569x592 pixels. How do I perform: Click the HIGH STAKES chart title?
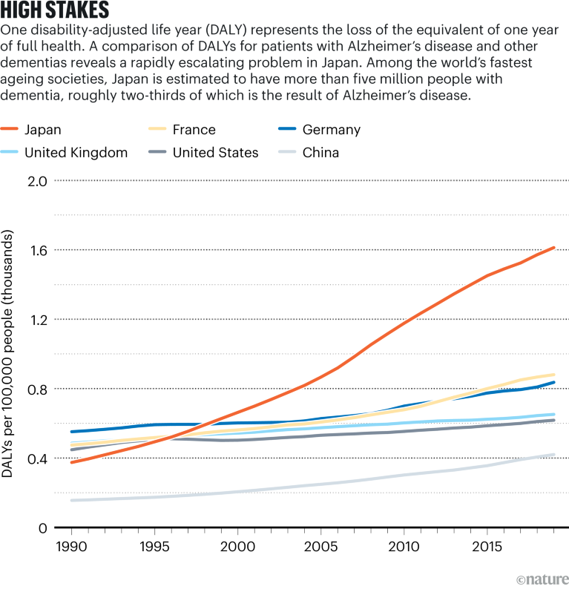(x=56, y=10)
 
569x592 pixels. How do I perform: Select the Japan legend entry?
(x=42, y=130)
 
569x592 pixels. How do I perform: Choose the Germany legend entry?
(x=331, y=130)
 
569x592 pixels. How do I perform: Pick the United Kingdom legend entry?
(x=76, y=153)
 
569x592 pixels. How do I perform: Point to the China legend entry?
(x=320, y=153)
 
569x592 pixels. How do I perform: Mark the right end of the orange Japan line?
(x=553, y=248)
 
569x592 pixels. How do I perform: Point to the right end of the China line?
(x=553, y=455)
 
